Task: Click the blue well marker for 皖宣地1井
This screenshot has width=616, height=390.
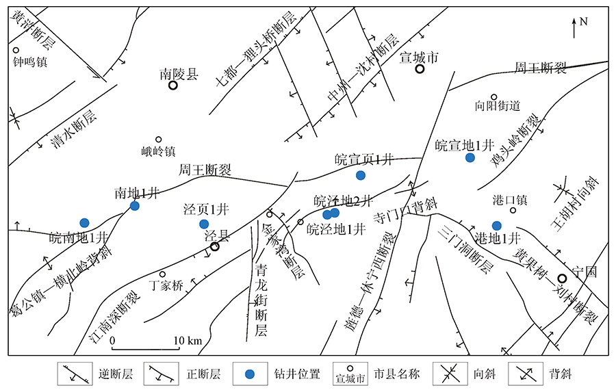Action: click(470, 158)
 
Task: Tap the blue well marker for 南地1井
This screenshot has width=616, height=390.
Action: click(135, 205)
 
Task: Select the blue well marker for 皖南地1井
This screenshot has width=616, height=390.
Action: click(84, 222)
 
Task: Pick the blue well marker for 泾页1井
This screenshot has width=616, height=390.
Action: click(203, 224)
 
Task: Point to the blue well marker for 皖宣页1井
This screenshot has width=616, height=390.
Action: click(361, 175)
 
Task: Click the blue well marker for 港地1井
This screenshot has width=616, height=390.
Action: click(497, 226)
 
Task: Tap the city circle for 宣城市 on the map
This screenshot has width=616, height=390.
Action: click(420, 69)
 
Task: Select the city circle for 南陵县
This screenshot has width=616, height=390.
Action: click(173, 86)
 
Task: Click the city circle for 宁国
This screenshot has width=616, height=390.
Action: click(562, 278)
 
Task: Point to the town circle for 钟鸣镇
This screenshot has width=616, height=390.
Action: click(16, 50)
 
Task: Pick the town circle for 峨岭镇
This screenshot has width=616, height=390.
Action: click(158, 140)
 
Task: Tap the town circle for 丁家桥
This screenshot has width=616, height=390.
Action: click(163, 274)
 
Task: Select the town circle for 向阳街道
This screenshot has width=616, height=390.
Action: click(493, 97)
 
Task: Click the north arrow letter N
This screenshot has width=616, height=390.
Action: click(584, 21)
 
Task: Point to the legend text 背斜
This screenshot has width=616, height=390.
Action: click(559, 374)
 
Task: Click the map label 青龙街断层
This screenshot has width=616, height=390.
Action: click(260, 301)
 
